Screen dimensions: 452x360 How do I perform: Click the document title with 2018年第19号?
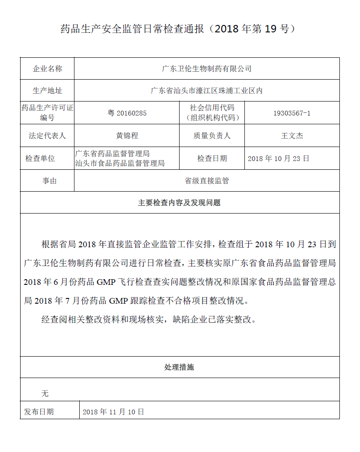[x=180, y=29]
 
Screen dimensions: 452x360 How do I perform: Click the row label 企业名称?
[x=47, y=69]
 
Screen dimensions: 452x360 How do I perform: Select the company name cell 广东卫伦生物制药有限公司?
[x=207, y=69]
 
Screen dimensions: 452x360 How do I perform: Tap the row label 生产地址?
[x=47, y=91]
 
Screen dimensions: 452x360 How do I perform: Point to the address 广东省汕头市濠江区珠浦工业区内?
[x=206, y=91]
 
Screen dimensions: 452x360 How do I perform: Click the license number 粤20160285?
[x=127, y=113]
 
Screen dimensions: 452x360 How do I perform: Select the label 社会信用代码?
[x=212, y=108]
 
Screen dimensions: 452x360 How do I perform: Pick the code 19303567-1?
[x=292, y=113]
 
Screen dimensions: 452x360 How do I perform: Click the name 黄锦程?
[x=127, y=136]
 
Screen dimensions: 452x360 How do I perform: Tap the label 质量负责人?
[x=212, y=136]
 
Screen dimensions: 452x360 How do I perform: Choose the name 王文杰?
[x=292, y=136]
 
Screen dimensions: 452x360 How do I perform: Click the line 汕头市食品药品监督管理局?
[x=120, y=163]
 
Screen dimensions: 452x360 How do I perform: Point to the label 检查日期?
[x=212, y=158]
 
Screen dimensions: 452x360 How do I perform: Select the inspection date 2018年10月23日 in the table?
[x=279, y=158]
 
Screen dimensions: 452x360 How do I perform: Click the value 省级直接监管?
[x=207, y=181]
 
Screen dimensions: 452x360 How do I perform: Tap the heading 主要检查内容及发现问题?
[x=179, y=203]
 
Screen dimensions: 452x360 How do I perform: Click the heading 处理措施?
[x=179, y=367]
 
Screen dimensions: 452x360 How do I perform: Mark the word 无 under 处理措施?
[x=45, y=393]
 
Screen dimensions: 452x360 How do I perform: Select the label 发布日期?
[x=39, y=412]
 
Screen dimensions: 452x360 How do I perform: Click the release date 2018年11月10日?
[x=113, y=412]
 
